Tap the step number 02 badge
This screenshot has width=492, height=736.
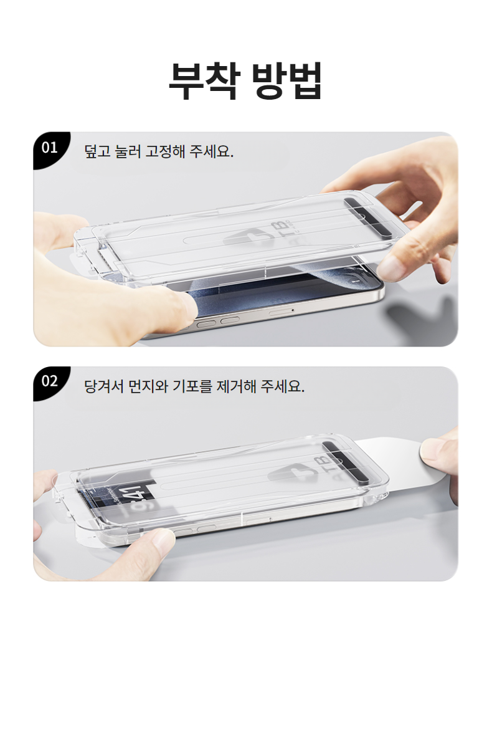pos(49,381)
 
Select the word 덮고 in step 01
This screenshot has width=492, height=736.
pos(98,151)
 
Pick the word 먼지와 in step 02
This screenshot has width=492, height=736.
pos(148,386)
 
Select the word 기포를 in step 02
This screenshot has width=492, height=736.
pos(192,386)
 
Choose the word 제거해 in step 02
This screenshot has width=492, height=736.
pos(237,386)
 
